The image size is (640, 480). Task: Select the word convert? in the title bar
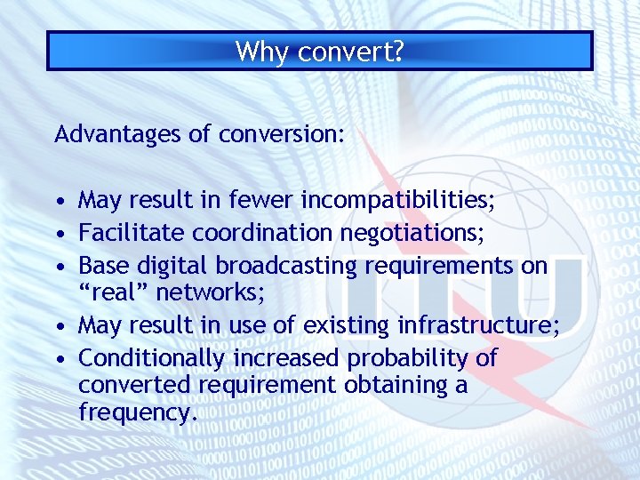(351, 52)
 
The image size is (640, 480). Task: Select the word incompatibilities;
(399, 201)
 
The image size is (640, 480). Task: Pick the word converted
(132, 386)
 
